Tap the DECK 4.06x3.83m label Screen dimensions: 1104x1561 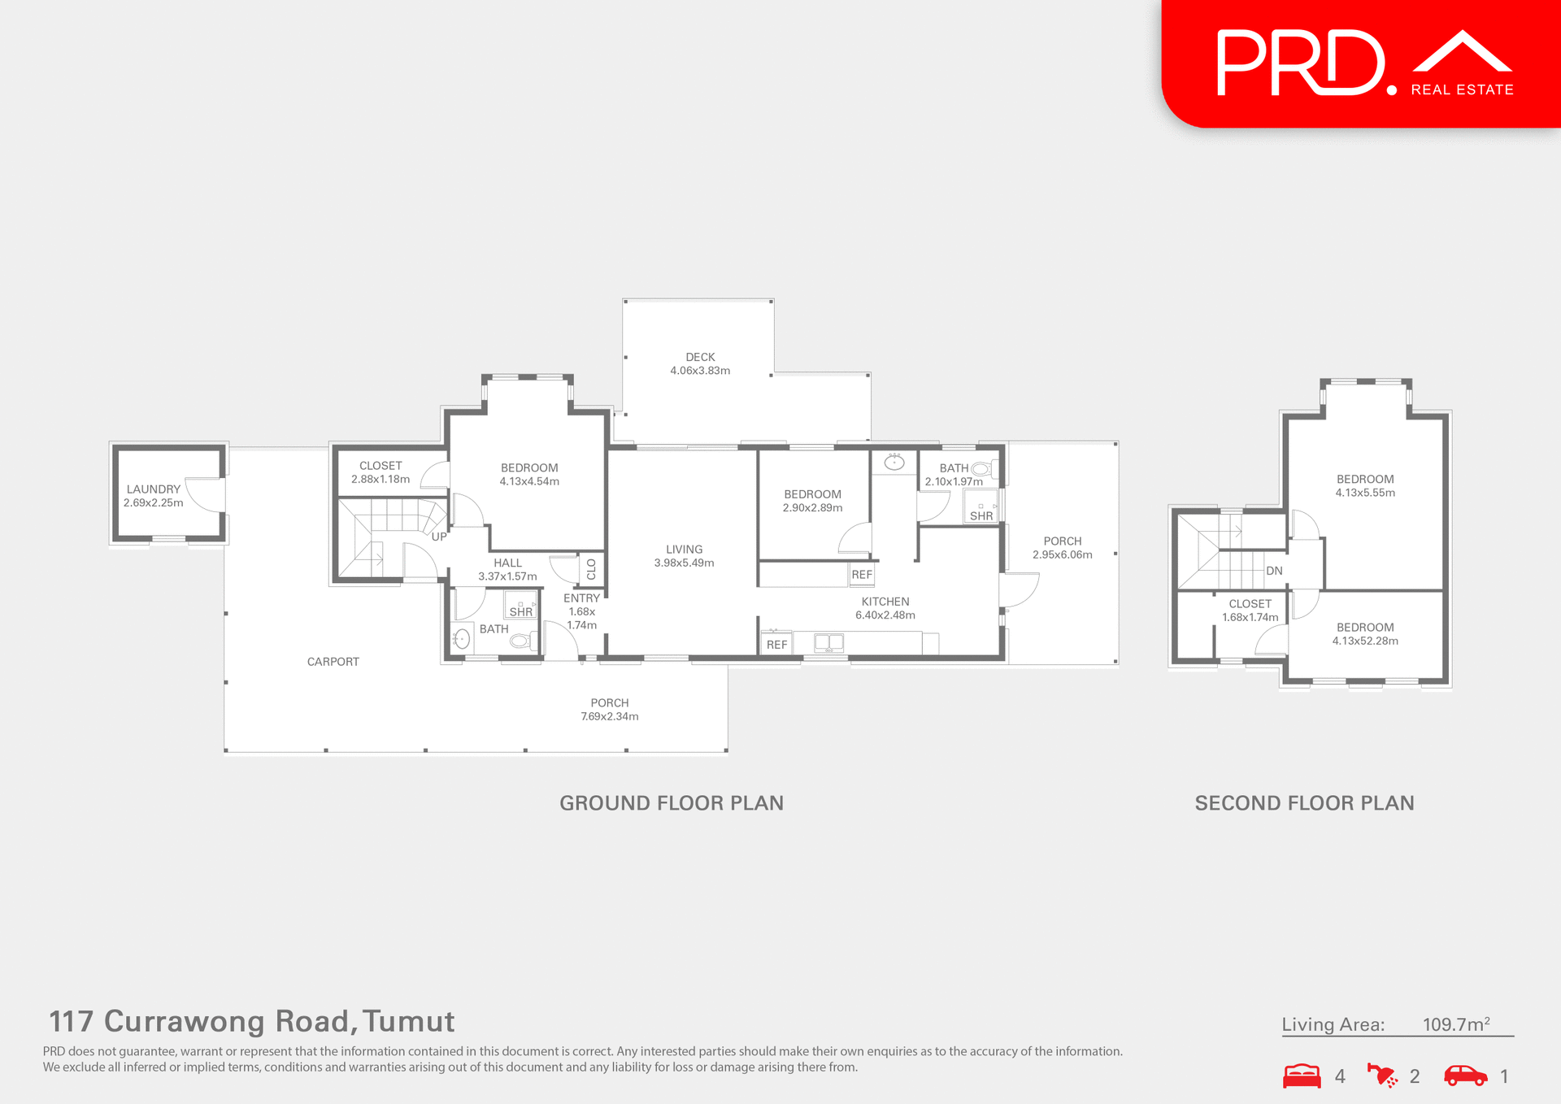coord(700,363)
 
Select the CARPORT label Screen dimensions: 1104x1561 coord(333,662)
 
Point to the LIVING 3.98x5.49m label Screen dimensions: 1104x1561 coord(684,556)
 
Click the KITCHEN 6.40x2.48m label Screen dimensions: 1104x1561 coord(885,608)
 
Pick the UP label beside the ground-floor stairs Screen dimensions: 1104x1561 coord(439,537)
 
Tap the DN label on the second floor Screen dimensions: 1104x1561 coord(1274,571)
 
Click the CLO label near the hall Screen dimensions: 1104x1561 coord(591,569)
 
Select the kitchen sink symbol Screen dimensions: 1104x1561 coord(828,643)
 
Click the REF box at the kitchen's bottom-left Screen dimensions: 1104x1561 coord(776,645)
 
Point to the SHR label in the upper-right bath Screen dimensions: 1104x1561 coord(981,515)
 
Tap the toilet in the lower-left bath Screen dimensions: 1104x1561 coord(520,641)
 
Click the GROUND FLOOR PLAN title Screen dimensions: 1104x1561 coord(672,803)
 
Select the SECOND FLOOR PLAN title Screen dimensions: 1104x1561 coord(1304,803)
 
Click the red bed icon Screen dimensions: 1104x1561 coord(1302,1076)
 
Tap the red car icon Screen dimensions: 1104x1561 coord(1465,1076)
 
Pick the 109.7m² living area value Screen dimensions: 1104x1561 coord(1455,1024)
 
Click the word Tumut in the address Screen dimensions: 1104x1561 coord(409,1021)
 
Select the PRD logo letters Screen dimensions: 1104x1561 coord(1301,63)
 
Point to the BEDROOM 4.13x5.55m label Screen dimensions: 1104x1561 coord(1365,485)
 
